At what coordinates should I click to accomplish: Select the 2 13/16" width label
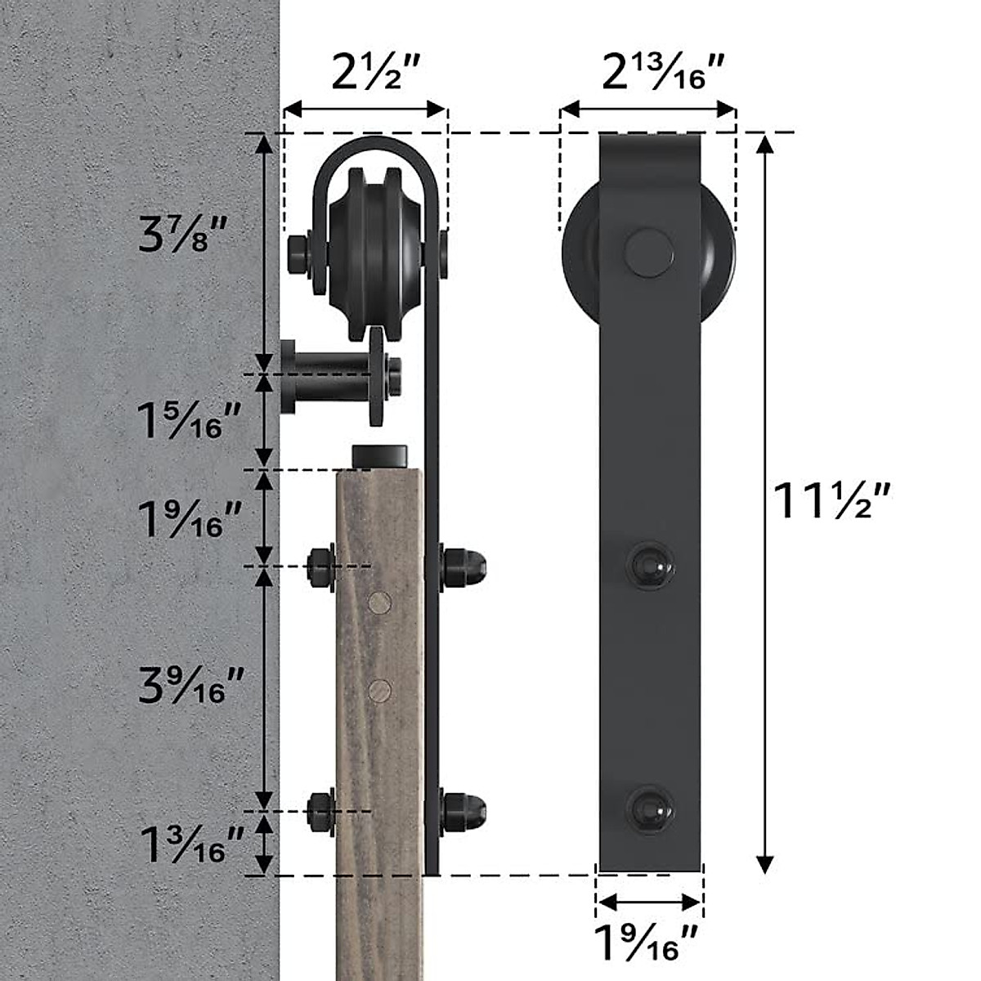[x=663, y=74]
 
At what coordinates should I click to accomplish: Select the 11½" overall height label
[x=831, y=501]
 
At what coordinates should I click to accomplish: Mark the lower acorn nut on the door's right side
[x=464, y=809]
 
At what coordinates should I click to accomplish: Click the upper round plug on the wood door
[x=379, y=603]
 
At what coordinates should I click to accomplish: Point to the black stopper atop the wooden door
[x=380, y=456]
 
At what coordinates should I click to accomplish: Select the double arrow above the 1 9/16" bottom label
[x=649, y=903]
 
